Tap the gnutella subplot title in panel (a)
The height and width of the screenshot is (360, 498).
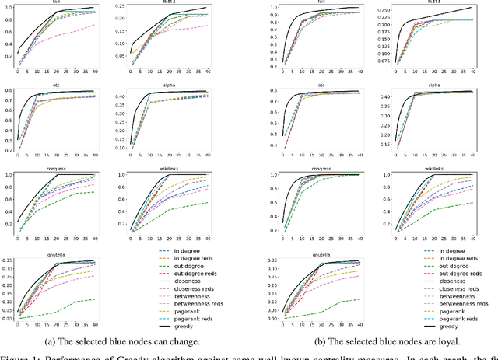tap(56, 251)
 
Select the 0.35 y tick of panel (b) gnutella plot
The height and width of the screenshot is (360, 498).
tap(271, 261)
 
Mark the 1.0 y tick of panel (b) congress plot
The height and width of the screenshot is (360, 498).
tap(273, 175)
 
